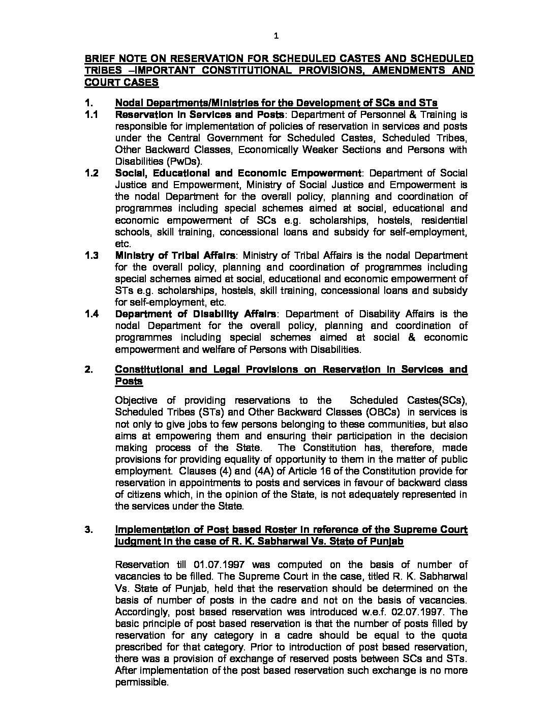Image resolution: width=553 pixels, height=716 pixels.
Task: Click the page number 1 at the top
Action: pos(276,36)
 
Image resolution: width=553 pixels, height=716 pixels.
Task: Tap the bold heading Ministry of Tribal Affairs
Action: pos(175,255)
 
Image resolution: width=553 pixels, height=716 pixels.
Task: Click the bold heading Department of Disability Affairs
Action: pos(196,314)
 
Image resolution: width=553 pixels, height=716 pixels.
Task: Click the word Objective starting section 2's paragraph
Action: pos(136,400)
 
